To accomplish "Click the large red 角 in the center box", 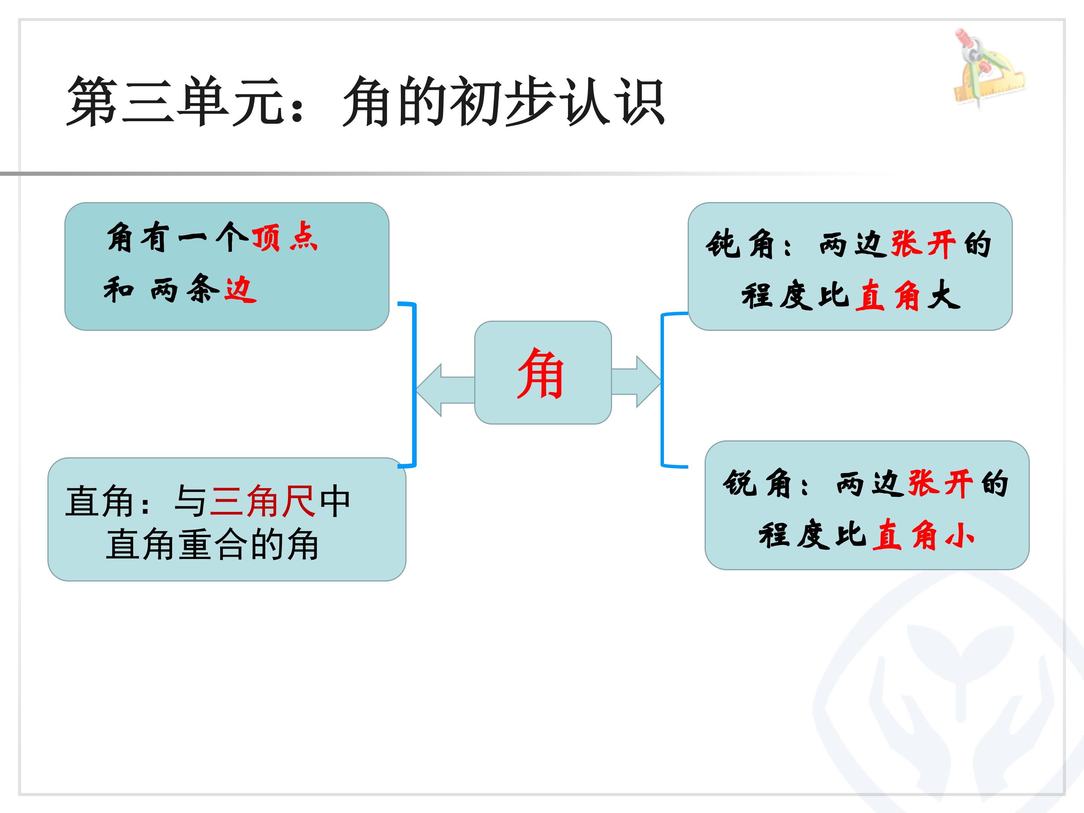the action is pos(540,373).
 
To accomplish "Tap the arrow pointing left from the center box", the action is pos(445,390).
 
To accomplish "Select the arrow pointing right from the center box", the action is pos(636,382).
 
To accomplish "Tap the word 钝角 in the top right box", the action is pos(740,244).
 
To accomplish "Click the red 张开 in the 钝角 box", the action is pos(923,244).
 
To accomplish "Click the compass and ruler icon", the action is pos(989,69).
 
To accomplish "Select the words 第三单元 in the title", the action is pos(177,102).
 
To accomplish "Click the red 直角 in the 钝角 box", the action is pos(888,295).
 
